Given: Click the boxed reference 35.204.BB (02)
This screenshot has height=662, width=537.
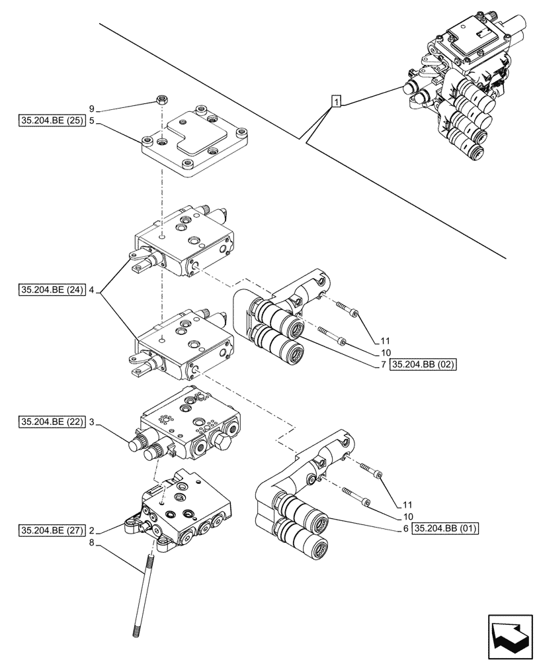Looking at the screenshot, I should click(424, 365).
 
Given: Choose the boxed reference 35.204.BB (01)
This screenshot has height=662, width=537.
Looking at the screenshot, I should click(445, 528).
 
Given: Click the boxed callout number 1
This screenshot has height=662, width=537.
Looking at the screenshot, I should click(337, 102).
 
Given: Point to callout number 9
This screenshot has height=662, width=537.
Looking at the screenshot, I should click(92, 108).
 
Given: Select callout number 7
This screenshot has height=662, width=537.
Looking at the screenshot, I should click(383, 365).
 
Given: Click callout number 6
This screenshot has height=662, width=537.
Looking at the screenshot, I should click(404, 528).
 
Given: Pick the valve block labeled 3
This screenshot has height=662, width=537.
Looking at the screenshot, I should click(188, 427).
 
